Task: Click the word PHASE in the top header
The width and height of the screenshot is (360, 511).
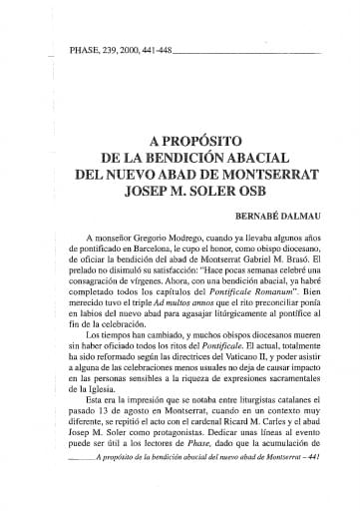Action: tap(81, 49)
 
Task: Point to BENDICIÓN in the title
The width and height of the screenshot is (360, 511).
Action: tap(184, 154)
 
